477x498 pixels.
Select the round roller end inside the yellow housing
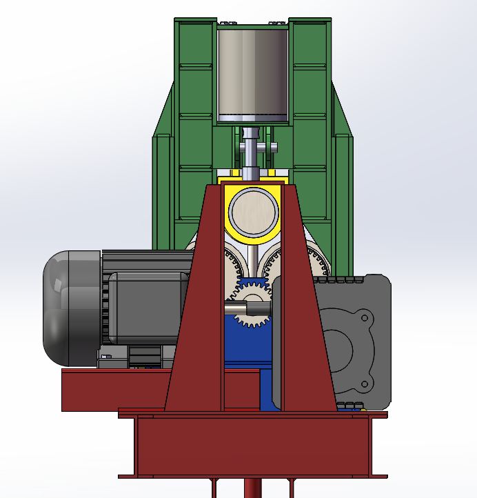pos(253,211)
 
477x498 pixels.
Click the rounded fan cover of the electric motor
pos(65,307)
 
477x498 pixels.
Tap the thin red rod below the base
pos(252,488)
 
